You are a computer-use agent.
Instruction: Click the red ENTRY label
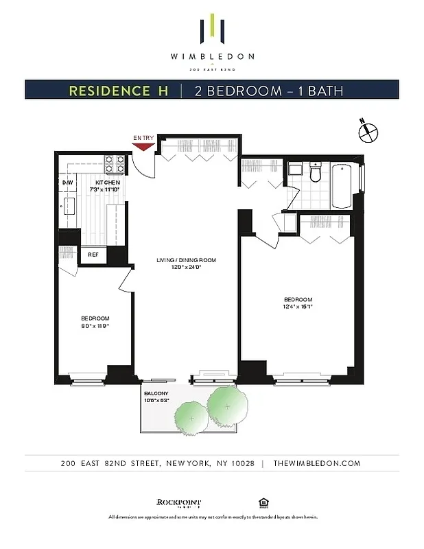pos(143,139)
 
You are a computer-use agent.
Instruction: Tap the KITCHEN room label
pos(108,183)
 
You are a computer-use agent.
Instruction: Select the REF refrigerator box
pos(93,255)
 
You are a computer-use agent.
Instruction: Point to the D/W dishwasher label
pos(68,183)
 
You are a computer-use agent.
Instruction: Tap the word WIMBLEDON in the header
pos(211,57)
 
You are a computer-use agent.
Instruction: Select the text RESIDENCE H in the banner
pos(118,90)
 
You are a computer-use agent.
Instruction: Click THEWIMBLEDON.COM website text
pos(316,463)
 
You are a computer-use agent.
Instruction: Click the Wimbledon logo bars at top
pos(212,30)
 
